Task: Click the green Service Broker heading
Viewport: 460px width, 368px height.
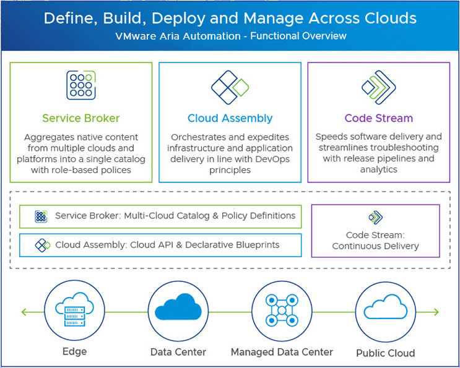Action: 81,118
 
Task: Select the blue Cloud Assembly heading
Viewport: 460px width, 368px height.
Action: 230,118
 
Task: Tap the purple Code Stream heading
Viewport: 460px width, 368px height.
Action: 379,118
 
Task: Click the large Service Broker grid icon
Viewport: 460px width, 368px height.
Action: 81,85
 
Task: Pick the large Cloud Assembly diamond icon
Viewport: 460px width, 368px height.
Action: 230,87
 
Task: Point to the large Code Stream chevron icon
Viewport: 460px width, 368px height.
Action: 379,87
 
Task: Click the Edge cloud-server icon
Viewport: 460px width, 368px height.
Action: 74,309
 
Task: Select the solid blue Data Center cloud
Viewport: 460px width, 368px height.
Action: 178,307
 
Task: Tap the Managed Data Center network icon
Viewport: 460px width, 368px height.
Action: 282,310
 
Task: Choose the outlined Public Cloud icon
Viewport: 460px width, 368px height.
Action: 386,307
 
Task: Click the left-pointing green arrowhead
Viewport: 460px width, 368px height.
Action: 24,312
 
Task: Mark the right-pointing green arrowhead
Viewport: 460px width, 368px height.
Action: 436,312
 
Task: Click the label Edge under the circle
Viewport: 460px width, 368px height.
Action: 74,351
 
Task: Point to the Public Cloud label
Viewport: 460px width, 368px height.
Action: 386,353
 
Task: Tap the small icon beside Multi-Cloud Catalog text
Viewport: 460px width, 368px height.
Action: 41,216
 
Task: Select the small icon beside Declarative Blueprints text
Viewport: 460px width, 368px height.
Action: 43,246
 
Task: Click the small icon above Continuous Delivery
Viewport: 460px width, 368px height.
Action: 376,218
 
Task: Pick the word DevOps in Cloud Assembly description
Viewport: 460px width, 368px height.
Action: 272,159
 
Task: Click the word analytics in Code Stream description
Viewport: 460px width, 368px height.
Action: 379,169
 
